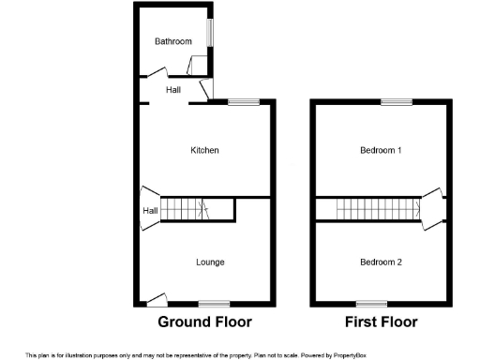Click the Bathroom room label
coord(173,41)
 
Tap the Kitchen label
coord(204,150)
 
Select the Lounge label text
coord(210,262)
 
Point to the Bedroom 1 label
coord(381,150)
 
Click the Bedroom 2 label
coord(381,262)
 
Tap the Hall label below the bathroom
coord(173,90)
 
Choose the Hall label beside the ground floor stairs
coord(149,211)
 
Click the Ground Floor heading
coord(204,322)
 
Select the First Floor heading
coord(381,322)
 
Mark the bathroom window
coord(210,32)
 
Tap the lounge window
coord(214,303)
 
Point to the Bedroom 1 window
coord(395,101)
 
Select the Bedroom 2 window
coord(371,303)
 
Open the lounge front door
coord(157,299)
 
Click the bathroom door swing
coord(155,71)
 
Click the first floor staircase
coord(367,209)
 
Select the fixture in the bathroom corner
coord(198,66)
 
